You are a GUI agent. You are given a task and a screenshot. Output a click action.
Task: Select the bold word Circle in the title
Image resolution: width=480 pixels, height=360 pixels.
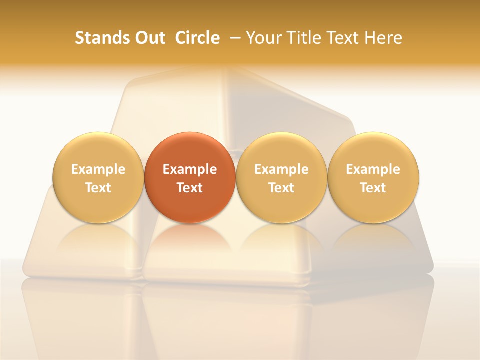pos(197,38)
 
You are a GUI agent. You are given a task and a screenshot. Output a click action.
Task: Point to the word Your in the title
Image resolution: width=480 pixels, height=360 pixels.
pos(263,38)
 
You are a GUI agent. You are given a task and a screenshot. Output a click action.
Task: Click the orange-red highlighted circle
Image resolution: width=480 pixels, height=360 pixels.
pos(190,178)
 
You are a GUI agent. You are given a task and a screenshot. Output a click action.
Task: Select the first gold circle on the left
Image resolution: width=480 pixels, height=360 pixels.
pos(98,178)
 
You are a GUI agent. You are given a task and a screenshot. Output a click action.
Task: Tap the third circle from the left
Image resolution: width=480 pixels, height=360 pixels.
pos(281,178)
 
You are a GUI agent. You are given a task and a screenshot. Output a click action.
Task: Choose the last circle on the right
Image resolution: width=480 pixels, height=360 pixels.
pos(373,178)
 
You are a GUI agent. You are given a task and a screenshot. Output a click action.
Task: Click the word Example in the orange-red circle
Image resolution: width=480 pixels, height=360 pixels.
pos(190,169)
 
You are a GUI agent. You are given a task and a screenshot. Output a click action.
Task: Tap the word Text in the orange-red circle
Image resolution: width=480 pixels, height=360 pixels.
pos(190,188)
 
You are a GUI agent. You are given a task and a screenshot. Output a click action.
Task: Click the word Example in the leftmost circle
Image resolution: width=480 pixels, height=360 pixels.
pos(98,169)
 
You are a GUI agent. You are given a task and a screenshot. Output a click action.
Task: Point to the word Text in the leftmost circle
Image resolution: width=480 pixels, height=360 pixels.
pos(98,188)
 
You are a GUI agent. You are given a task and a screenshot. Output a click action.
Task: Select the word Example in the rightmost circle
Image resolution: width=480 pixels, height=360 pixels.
pos(373,169)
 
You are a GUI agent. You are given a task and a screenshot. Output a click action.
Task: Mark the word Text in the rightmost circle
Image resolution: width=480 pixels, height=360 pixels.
pos(373,188)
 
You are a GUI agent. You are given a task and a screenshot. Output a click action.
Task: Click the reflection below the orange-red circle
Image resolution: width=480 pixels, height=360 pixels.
pos(190,242)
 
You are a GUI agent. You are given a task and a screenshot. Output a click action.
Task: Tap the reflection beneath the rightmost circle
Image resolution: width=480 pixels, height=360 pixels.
pos(373,242)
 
